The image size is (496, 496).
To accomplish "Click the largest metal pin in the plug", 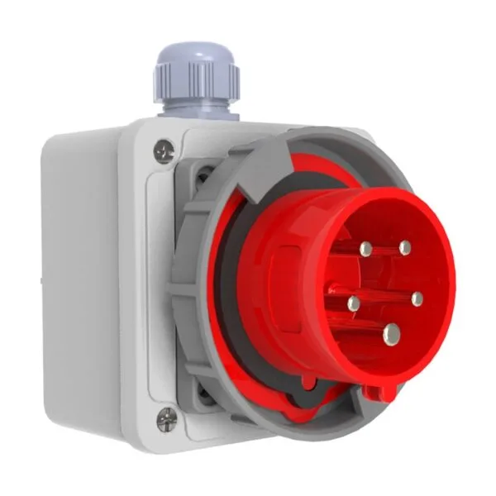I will (391, 334).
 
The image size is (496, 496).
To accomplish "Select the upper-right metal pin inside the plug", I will (404, 247).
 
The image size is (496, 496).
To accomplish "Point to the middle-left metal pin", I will (354, 303).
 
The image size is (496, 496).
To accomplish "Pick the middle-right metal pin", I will (417, 298).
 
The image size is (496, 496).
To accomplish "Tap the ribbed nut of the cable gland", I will (197, 81).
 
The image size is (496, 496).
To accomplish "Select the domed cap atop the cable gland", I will (195, 56).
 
